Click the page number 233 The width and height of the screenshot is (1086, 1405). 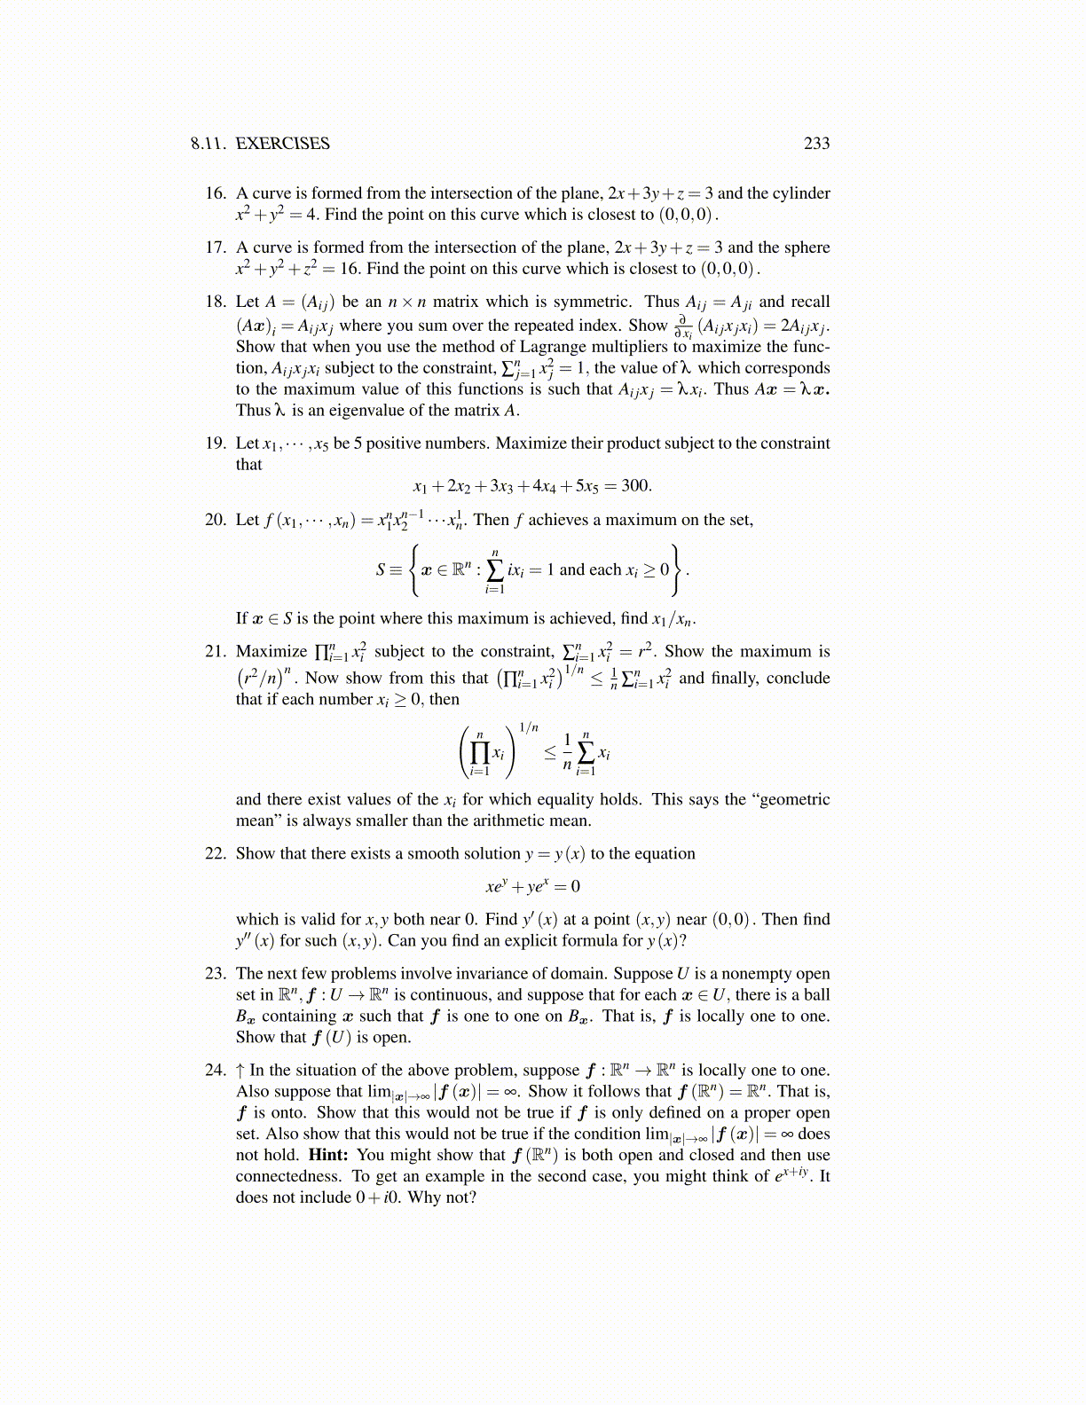click(x=816, y=144)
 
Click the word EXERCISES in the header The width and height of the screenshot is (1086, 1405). click(x=282, y=144)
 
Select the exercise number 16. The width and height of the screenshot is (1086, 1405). click(x=216, y=193)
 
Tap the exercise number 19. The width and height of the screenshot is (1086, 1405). click(x=216, y=443)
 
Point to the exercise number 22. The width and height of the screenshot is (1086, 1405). click(x=216, y=854)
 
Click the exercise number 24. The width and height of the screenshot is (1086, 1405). click(x=216, y=1071)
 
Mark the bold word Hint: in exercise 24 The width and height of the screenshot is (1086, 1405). click(x=328, y=1156)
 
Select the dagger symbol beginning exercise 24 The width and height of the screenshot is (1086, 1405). click(x=240, y=1071)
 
